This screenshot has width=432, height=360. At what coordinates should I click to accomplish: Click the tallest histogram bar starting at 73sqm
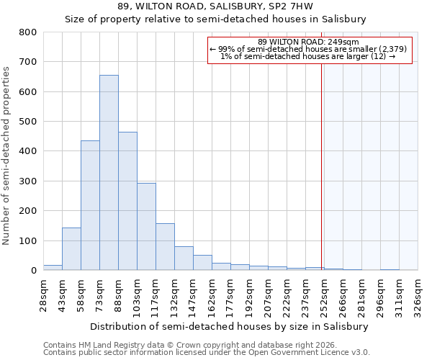pos(109,173)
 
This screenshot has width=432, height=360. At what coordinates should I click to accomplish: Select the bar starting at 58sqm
pos(90,205)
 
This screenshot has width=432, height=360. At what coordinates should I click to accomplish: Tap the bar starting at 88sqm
pos(127,201)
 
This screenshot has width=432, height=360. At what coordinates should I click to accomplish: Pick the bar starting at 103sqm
pos(146,226)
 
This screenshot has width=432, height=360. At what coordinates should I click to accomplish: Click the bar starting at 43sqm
pos(71,249)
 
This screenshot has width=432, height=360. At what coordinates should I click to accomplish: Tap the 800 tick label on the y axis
pos(27,32)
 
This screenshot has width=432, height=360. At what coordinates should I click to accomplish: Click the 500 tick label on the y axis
pos(27,122)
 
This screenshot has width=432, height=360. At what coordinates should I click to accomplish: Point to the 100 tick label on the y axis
pos(27,240)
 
